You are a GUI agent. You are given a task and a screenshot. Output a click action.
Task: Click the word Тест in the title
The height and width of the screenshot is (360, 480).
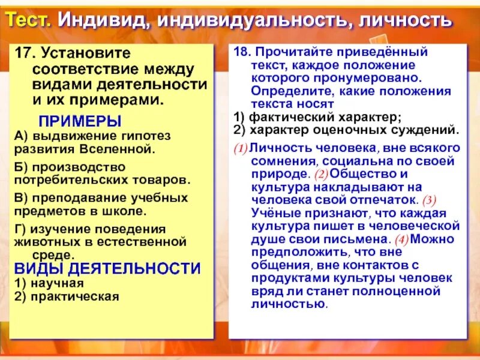point(31,19)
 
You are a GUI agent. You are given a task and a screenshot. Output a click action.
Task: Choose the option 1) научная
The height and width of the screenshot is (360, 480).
point(49,283)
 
